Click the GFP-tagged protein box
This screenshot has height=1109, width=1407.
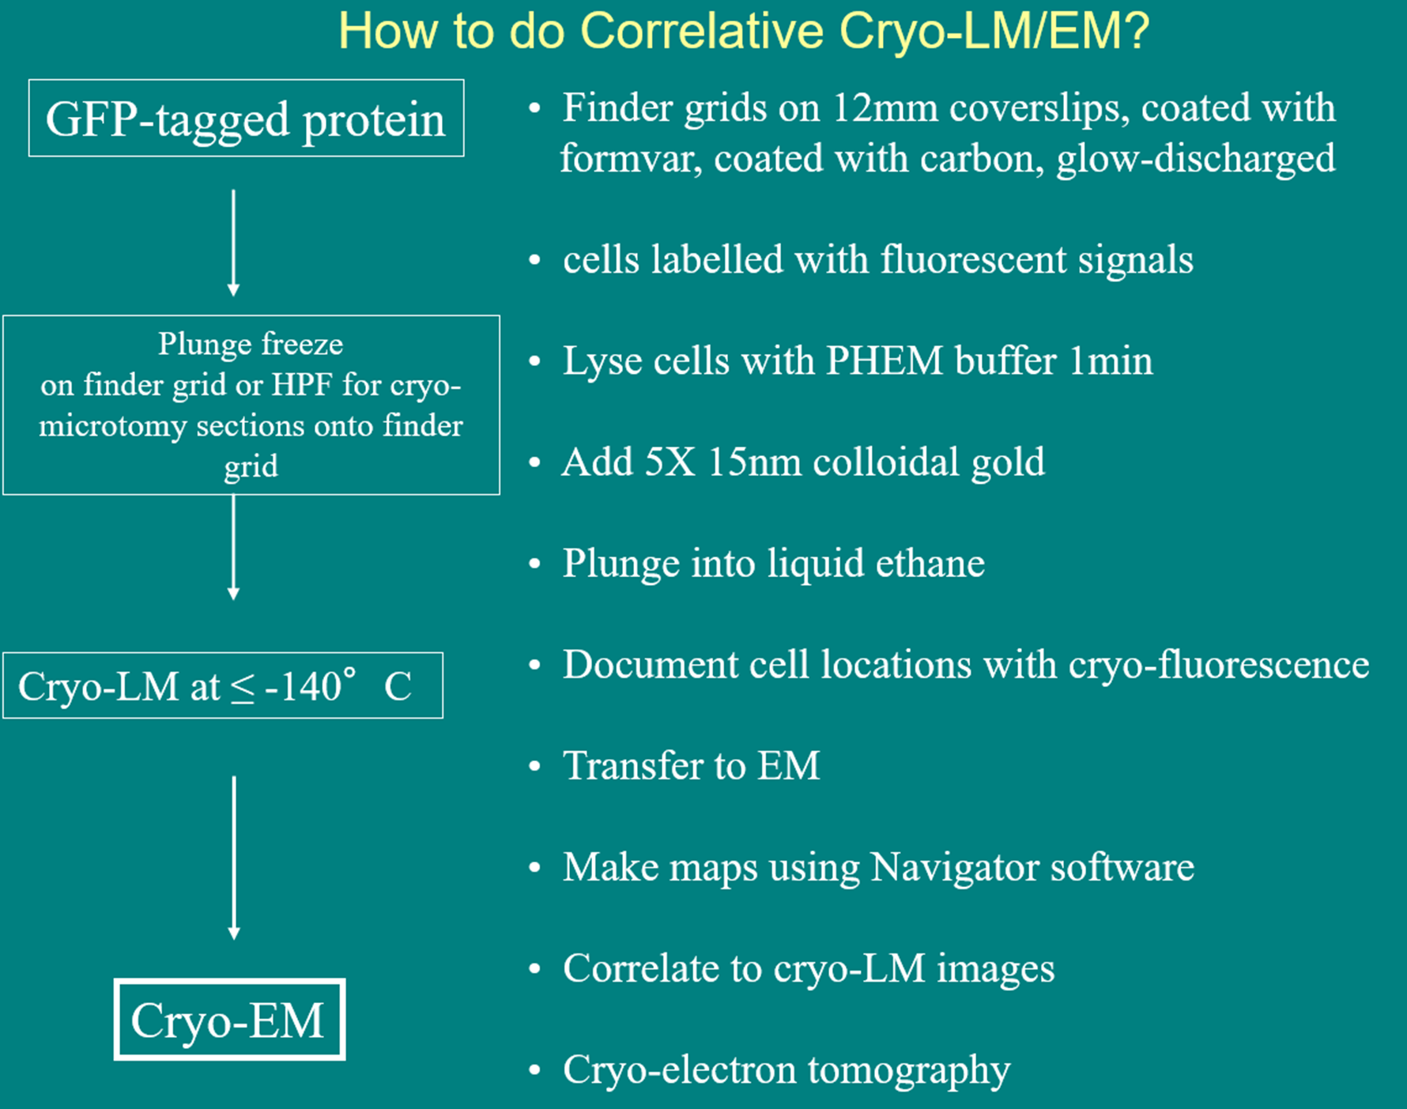click(x=246, y=119)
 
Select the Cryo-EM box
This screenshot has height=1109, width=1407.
click(x=229, y=1020)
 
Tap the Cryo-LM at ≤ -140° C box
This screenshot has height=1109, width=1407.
click(x=222, y=685)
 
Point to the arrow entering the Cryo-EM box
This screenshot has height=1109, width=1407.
click(x=234, y=858)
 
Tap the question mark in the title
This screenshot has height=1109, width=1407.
click(x=1136, y=32)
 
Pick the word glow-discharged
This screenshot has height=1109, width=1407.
click(x=1196, y=159)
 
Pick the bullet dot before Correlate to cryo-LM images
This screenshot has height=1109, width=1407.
click(x=535, y=969)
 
